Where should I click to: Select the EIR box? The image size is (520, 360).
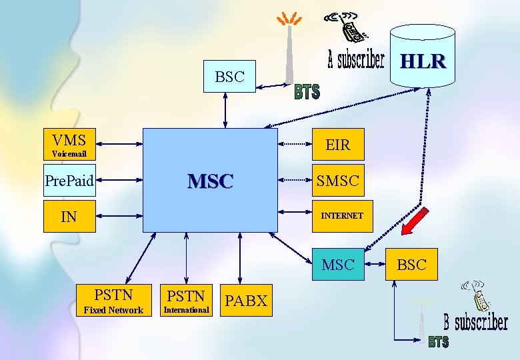click(x=338, y=144)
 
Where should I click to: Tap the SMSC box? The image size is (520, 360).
click(x=338, y=180)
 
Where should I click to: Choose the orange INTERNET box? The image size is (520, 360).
click(x=338, y=216)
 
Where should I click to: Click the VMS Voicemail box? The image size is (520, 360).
click(x=69, y=145)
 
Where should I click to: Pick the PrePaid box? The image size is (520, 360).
click(x=69, y=180)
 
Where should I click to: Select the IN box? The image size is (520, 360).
click(x=69, y=216)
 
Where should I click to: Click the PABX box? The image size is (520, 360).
click(x=245, y=301)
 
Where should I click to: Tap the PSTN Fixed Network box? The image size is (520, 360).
click(x=113, y=300)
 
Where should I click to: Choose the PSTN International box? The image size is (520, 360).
click(x=186, y=300)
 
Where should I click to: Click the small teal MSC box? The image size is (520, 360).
click(x=338, y=265)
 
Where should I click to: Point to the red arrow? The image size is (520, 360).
click(x=415, y=222)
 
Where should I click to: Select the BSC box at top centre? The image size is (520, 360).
click(x=230, y=77)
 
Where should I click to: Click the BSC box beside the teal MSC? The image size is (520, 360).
click(x=411, y=265)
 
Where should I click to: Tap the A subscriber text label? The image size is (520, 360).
click(x=356, y=60)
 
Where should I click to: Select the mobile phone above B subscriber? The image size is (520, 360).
click(x=478, y=296)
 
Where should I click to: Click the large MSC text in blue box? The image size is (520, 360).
click(x=211, y=181)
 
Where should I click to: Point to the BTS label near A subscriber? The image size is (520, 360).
click(x=307, y=92)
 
